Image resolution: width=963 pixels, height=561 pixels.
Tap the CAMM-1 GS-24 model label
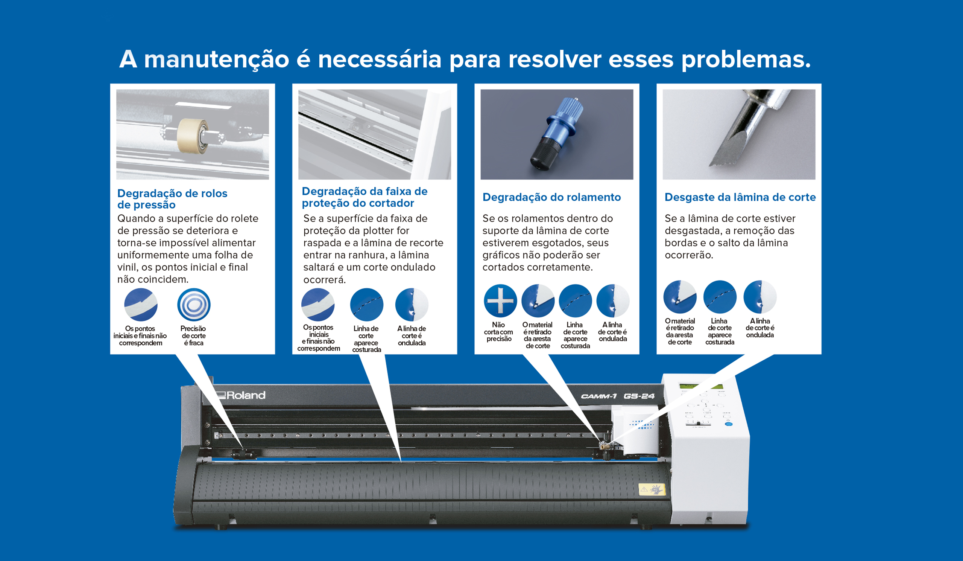point(618,396)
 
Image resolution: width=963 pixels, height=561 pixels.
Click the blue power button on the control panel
point(728,424)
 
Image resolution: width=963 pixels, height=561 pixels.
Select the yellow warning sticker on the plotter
point(652,489)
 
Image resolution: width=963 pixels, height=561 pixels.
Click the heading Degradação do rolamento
point(551,197)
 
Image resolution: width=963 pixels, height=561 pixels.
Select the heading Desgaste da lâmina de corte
point(740,197)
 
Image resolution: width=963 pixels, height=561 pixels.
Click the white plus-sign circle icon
point(500,300)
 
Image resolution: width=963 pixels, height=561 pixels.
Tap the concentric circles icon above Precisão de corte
point(194,305)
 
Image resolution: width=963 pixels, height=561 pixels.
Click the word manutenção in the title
point(216,60)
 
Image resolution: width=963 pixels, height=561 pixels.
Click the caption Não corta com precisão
point(498,332)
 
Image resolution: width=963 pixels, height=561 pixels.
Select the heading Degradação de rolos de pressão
point(172,199)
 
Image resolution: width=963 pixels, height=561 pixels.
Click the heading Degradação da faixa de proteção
point(364,197)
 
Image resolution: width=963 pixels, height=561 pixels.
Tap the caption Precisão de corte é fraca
point(193,336)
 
